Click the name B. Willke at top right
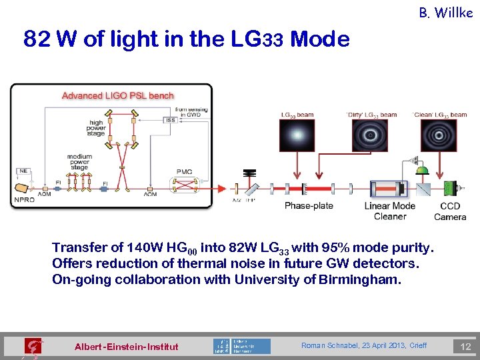(x=446, y=12)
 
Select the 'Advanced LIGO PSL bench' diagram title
(x=117, y=95)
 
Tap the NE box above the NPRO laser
(x=23, y=171)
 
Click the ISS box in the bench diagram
(x=171, y=120)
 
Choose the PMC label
(x=185, y=171)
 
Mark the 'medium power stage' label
(x=79, y=162)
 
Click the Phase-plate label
(x=309, y=205)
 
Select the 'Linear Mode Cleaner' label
(x=390, y=211)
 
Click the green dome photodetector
(x=422, y=171)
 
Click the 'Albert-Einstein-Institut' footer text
(x=127, y=347)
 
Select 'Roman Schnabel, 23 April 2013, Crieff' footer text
(x=363, y=345)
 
